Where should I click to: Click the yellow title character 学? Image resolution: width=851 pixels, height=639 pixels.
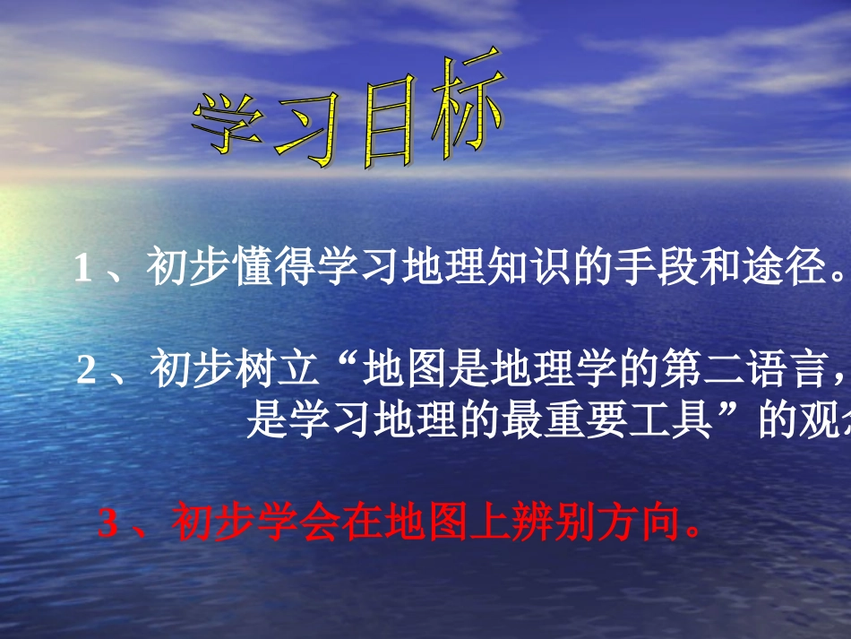[231, 125]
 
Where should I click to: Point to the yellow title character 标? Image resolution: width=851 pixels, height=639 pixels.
[461, 106]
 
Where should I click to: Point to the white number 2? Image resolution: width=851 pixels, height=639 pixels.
[86, 370]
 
